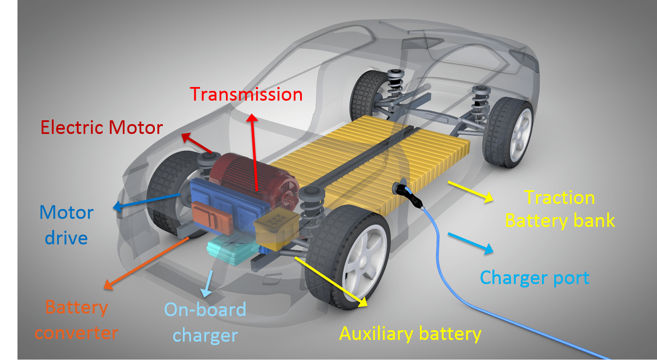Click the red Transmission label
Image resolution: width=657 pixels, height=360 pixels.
pyautogui.click(x=246, y=94)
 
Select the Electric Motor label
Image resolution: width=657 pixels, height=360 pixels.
pyautogui.click(x=101, y=128)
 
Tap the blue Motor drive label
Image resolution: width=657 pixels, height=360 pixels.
pyautogui.click(x=67, y=225)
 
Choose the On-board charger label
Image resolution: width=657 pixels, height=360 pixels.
pyautogui.click(x=205, y=322)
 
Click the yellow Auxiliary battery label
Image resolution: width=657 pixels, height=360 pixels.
pyautogui.click(x=410, y=334)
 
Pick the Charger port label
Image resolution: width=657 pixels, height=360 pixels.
pyautogui.click(x=534, y=278)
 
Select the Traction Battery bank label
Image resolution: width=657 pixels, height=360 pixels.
pyautogui.click(x=560, y=209)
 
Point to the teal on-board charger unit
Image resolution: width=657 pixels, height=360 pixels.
pyautogui.click(x=230, y=252)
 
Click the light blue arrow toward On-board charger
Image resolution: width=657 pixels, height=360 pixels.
pyautogui.click(x=208, y=283)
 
